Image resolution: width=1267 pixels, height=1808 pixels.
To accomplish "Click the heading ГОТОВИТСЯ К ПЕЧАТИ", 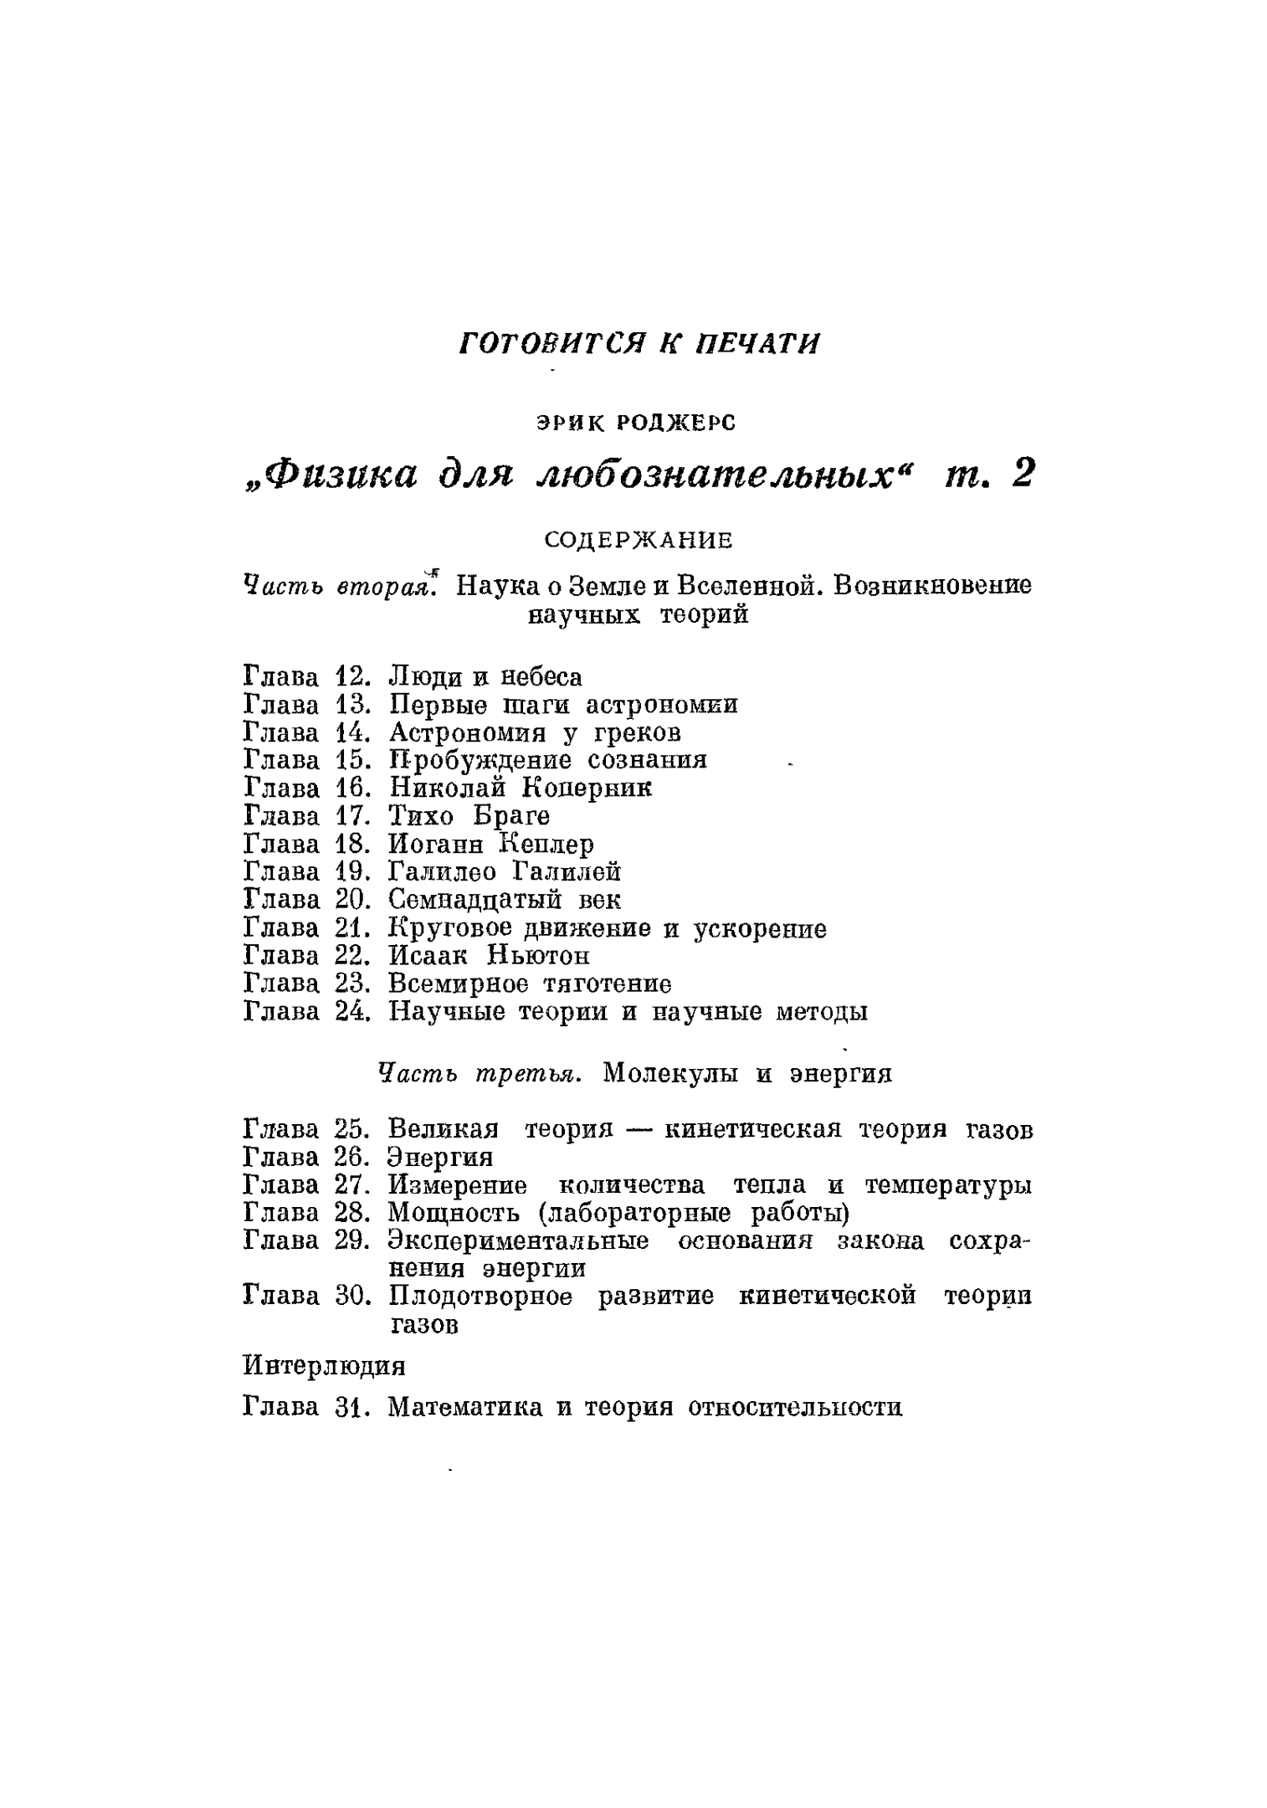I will pyautogui.click(x=640, y=343).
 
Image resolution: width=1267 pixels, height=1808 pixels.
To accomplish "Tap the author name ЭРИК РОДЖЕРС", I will pyautogui.click(x=635, y=424).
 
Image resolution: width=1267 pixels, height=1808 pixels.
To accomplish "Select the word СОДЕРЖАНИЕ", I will pyautogui.click(x=639, y=541).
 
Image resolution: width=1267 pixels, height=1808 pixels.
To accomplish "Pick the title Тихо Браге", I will pyautogui.click(x=469, y=815).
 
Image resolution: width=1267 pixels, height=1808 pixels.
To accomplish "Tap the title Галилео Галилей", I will pyautogui.click(x=505, y=872).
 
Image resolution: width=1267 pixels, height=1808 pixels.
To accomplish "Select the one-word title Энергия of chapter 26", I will pyautogui.click(x=441, y=1158).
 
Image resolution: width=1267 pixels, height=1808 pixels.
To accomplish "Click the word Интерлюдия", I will pyautogui.click(x=324, y=1366).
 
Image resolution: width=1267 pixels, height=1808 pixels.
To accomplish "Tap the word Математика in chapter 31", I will pyautogui.click(x=464, y=1407).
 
